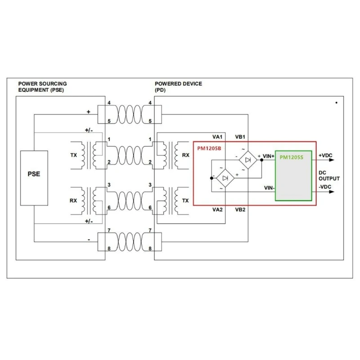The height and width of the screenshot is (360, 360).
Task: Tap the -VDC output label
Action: click(x=325, y=186)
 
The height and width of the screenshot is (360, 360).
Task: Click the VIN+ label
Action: click(x=269, y=156)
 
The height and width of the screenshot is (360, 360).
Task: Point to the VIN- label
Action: click(x=268, y=187)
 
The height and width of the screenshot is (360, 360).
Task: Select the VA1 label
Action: click(x=217, y=137)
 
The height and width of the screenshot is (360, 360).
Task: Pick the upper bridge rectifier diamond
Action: click(x=247, y=159)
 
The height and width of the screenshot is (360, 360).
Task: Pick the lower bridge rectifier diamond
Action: click(x=225, y=178)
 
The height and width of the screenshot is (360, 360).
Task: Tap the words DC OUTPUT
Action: click(x=329, y=175)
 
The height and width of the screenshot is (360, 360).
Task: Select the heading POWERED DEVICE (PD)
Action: click(x=178, y=87)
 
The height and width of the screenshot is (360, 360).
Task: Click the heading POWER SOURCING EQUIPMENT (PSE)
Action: click(x=42, y=87)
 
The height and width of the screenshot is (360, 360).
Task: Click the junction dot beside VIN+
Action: click(x=261, y=160)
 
